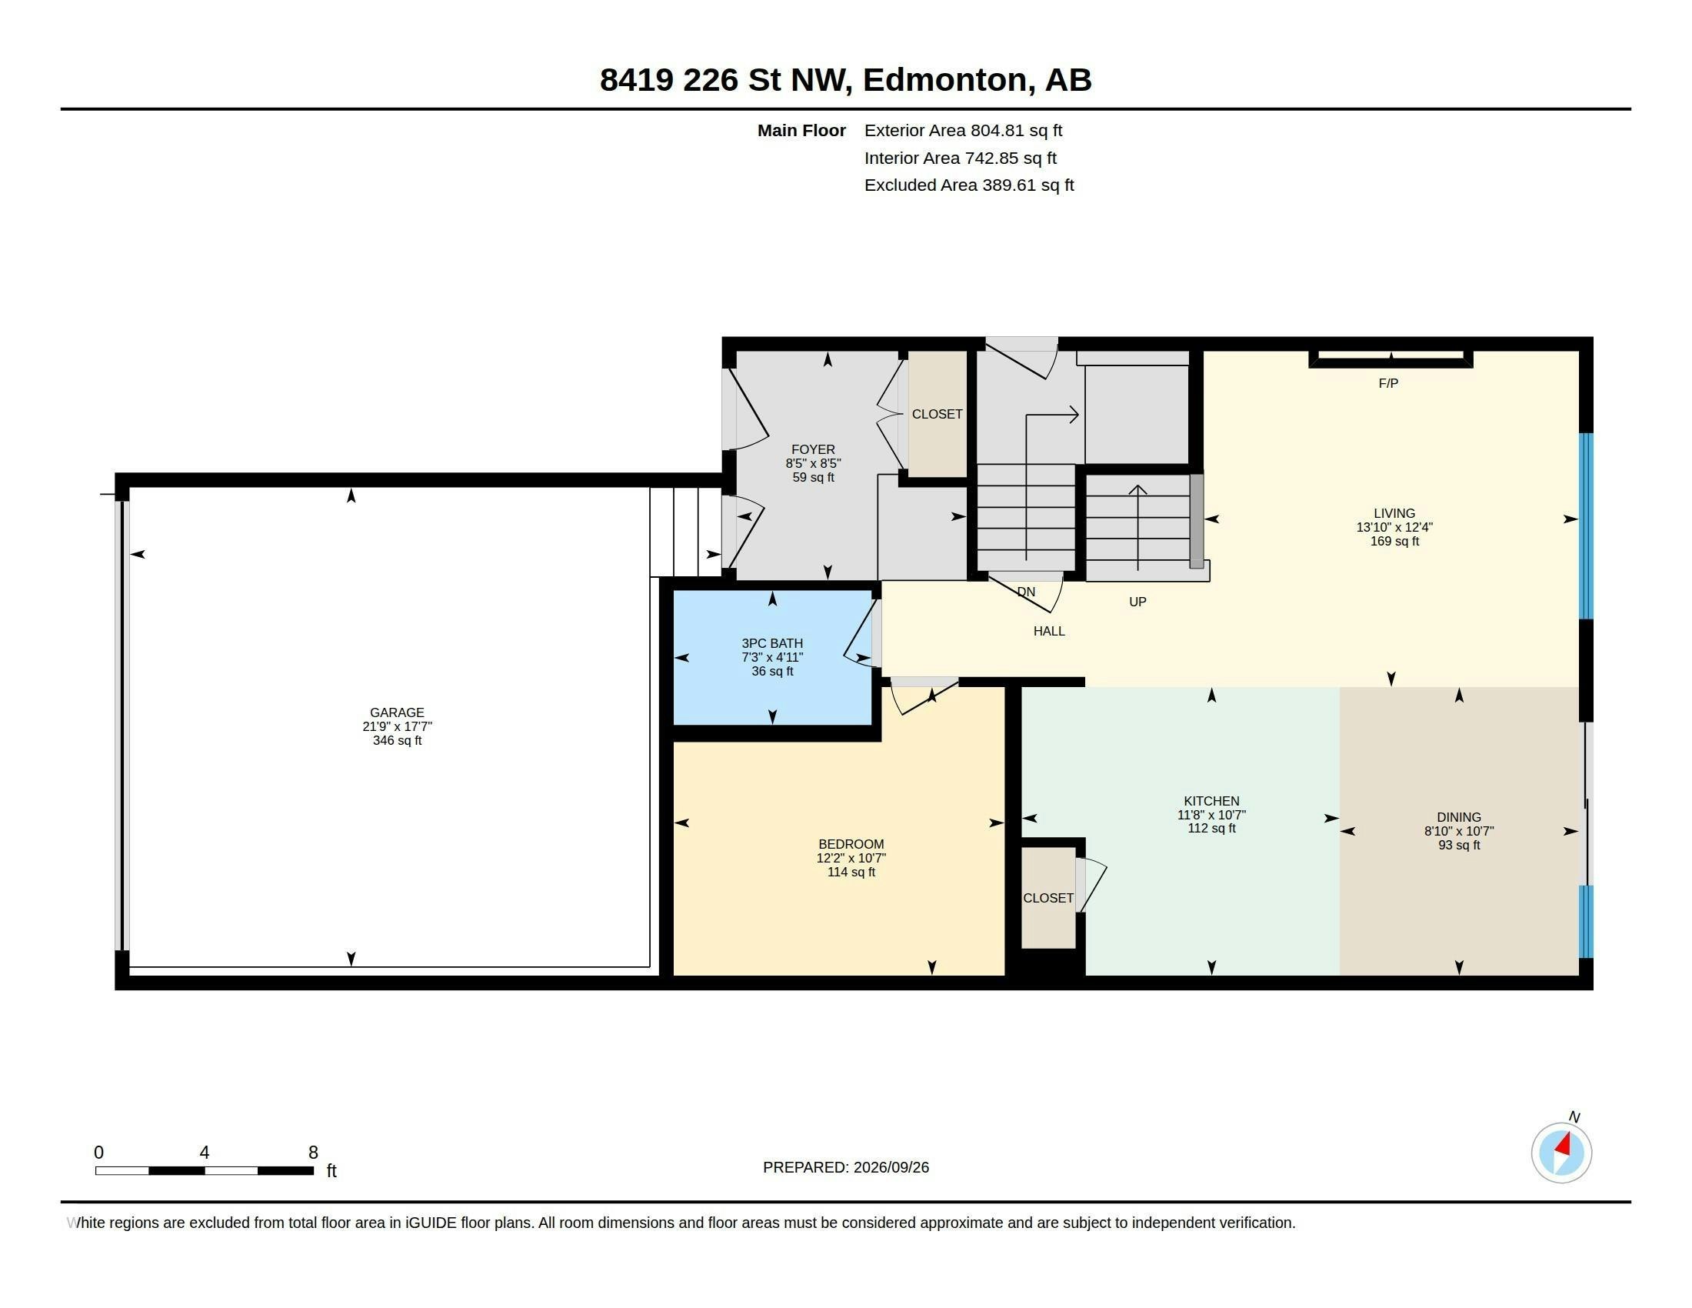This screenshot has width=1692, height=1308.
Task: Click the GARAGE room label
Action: [x=397, y=712]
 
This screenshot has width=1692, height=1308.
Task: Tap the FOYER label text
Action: [x=813, y=449]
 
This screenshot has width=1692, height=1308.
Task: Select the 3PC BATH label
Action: [x=771, y=643]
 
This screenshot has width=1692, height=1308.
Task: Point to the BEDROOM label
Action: [x=851, y=844]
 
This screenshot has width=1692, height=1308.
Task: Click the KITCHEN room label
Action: [x=1211, y=800]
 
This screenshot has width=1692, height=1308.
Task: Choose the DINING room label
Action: [x=1458, y=816]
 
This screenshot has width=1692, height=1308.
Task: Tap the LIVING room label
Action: [x=1394, y=513]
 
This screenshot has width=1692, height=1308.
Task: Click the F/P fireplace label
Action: [x=1387, y=383]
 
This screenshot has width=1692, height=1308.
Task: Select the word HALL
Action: [x=1049, y=631]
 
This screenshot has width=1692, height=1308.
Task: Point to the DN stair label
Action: [x=1026, y=592]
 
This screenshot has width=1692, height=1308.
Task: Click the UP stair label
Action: [x=1137, y=602]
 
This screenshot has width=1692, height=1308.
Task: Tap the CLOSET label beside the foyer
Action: [x=937, y=414]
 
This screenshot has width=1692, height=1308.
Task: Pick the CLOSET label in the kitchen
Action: [x=1048, y=897]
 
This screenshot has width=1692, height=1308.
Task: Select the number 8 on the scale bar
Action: [x=313, y=1153]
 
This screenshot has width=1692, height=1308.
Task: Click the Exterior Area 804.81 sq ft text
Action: [x=963, y=130]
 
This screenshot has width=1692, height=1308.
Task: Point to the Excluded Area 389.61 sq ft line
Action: [x=969, y=185]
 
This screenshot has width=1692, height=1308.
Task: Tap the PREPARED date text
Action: [x=846, y=1167]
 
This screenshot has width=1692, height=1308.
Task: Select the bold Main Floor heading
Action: [x=801, y=130]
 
